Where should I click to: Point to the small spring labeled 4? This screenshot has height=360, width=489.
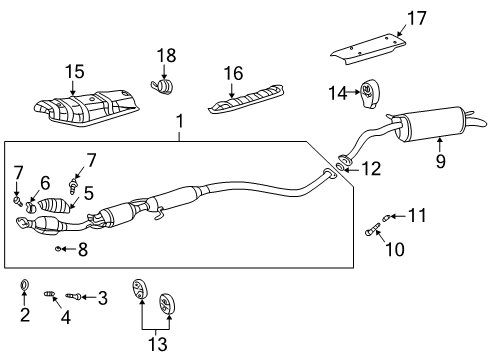coord(51,292)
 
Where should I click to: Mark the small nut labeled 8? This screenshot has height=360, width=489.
coord(60,248)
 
